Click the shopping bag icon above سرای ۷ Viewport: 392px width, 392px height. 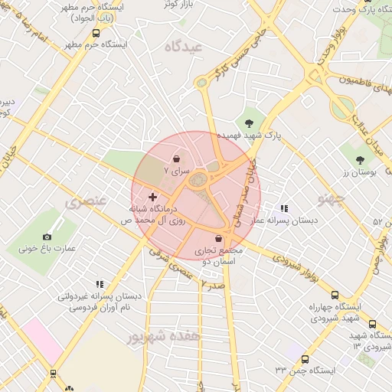(x=178, y=159)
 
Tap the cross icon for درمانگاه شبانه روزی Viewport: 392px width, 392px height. (x=152, y=198)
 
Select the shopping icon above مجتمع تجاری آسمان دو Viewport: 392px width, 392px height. (x=219, y=239)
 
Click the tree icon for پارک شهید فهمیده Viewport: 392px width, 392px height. (x=248, y=122)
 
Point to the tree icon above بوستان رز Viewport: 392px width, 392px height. (x=360, y=160)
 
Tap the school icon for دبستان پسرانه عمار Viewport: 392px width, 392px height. (x=284, y=207)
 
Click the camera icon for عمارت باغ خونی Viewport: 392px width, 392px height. (x=47, y=237)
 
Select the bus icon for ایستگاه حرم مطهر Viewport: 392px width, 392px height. (x=96, y=33)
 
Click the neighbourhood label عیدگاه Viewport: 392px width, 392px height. (x=183, y=47)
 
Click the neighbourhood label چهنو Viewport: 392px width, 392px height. (x=332, y=200)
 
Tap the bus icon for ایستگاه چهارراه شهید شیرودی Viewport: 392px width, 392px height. (x=335, y=295)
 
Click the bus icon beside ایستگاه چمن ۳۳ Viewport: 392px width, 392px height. (x=305, y=359)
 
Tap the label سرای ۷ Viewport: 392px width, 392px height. (x=177, y=173)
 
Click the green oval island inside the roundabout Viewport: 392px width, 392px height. (x=200, y=180)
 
